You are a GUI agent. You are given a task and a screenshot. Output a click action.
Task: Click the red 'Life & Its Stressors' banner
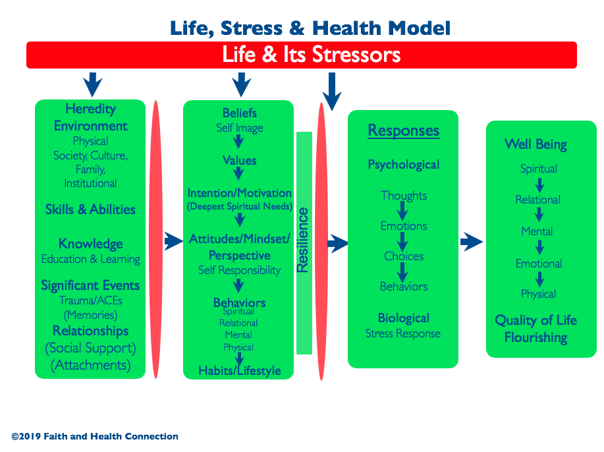(x=302, y=55)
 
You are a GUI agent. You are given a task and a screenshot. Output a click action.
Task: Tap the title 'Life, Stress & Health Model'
(x=310, y=28)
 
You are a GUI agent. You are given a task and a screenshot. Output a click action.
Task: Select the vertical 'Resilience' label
(x=303, y=240)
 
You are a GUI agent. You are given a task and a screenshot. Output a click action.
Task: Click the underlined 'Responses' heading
(x=404, y=130)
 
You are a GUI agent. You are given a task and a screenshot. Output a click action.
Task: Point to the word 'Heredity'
(x=90, y=109)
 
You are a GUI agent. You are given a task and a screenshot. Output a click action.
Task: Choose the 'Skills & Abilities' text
(x=90, y=210)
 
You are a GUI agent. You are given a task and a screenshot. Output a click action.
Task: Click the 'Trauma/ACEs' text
(x=90, y=300)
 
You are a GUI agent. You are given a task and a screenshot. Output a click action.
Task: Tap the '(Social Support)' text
(x=90, y=349)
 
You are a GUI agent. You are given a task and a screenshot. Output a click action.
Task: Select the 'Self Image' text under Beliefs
(x=240, y=128)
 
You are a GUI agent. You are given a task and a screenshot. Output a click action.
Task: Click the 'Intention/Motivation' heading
(x=239, y=192)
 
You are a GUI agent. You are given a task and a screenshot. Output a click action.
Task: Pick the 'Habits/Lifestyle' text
(x=240, y=371)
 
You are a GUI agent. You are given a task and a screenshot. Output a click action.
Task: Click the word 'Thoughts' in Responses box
(x=404, y=196)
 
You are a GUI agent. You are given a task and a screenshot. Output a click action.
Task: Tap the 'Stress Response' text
(x=403, y=333)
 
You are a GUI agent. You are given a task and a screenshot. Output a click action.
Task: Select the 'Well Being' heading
(x=535, y=144)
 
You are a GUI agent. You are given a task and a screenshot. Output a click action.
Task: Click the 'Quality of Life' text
(x=535, y=320)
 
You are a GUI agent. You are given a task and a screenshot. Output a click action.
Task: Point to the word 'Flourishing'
(x=535, y=338)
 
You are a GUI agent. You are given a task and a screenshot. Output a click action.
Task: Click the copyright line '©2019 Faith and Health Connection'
(x=95, y=436)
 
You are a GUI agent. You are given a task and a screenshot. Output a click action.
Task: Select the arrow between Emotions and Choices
(x=402, y=242)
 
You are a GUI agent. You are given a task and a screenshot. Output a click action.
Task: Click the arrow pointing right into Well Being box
(x=472, y=242)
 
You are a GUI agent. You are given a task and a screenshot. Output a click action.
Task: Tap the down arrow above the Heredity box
(x=93, y=84)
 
